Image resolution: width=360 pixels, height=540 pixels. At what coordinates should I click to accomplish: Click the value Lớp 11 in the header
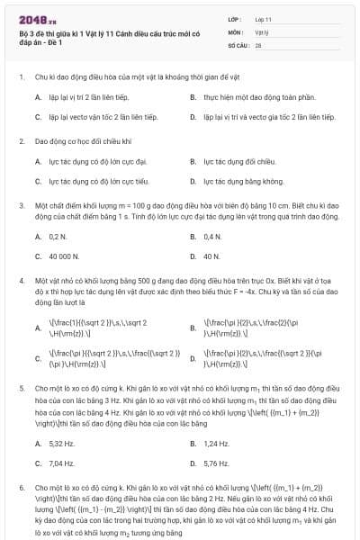tap(264, 18)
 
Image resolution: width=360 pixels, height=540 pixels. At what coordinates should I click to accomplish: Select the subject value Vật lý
tap(262, 31)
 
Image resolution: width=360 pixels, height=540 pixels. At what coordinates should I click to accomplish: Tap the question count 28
tap(258, 43)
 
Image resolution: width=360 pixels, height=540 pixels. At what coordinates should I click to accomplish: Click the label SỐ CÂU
tap(238, 43)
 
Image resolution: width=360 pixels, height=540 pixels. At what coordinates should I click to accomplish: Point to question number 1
tap(21, 77)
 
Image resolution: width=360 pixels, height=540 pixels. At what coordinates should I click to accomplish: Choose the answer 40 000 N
tap(64, 256)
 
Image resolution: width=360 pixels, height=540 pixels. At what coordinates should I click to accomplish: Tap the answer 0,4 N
tap(212, 237)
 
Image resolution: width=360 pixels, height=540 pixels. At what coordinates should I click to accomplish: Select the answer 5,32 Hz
tap(61, 444)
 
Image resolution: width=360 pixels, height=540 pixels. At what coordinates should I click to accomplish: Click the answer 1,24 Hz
tap(217, 444)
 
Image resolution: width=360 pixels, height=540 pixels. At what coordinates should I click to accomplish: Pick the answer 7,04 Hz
tap(61, 463)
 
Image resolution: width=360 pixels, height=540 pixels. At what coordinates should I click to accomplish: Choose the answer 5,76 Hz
tap(217, 463)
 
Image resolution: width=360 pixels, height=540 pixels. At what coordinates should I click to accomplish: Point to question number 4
tap(21, 283)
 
